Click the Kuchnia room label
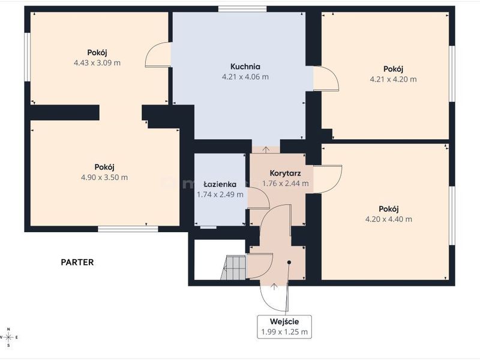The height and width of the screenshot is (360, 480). (245, 67)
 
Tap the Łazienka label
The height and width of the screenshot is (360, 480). (220, 184)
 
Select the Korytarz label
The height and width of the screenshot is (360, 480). (286, 173)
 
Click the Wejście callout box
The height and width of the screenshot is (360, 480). (284, 327)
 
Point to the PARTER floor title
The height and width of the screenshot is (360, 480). (77, 262)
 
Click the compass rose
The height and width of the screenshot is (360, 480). (9, 337)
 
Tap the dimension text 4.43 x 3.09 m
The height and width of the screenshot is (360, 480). (97, 63)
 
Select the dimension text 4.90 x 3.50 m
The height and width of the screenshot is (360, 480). (104, 177)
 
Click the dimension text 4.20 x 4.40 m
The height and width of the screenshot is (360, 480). (389, 219)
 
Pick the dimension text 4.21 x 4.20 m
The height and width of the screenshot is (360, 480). (394, 79)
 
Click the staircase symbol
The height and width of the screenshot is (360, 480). (233, 268)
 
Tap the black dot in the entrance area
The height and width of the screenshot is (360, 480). (289, 262)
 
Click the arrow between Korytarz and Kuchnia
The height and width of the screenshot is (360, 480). (266, 149)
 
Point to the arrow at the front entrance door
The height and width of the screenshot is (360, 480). (274, 287)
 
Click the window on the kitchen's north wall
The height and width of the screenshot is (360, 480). (242, 9)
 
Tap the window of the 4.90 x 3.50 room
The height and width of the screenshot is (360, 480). (128, 229)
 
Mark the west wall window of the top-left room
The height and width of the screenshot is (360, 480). (27, 57)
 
